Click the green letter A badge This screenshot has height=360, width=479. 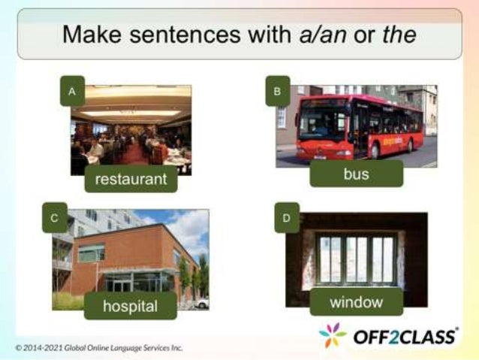click(x=72, y=91)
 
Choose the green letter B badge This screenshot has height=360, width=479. click(x=277, y=91)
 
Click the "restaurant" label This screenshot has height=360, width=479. click(x=131, y=180)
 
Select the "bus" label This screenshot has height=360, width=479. click(x=356, y=174)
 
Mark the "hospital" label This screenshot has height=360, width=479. click(x=131, y=306)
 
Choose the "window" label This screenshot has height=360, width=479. click(x=356, y=302)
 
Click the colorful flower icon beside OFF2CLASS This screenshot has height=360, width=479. click(x=333, y=335)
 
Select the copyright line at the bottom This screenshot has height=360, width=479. click(x=98, y=348)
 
